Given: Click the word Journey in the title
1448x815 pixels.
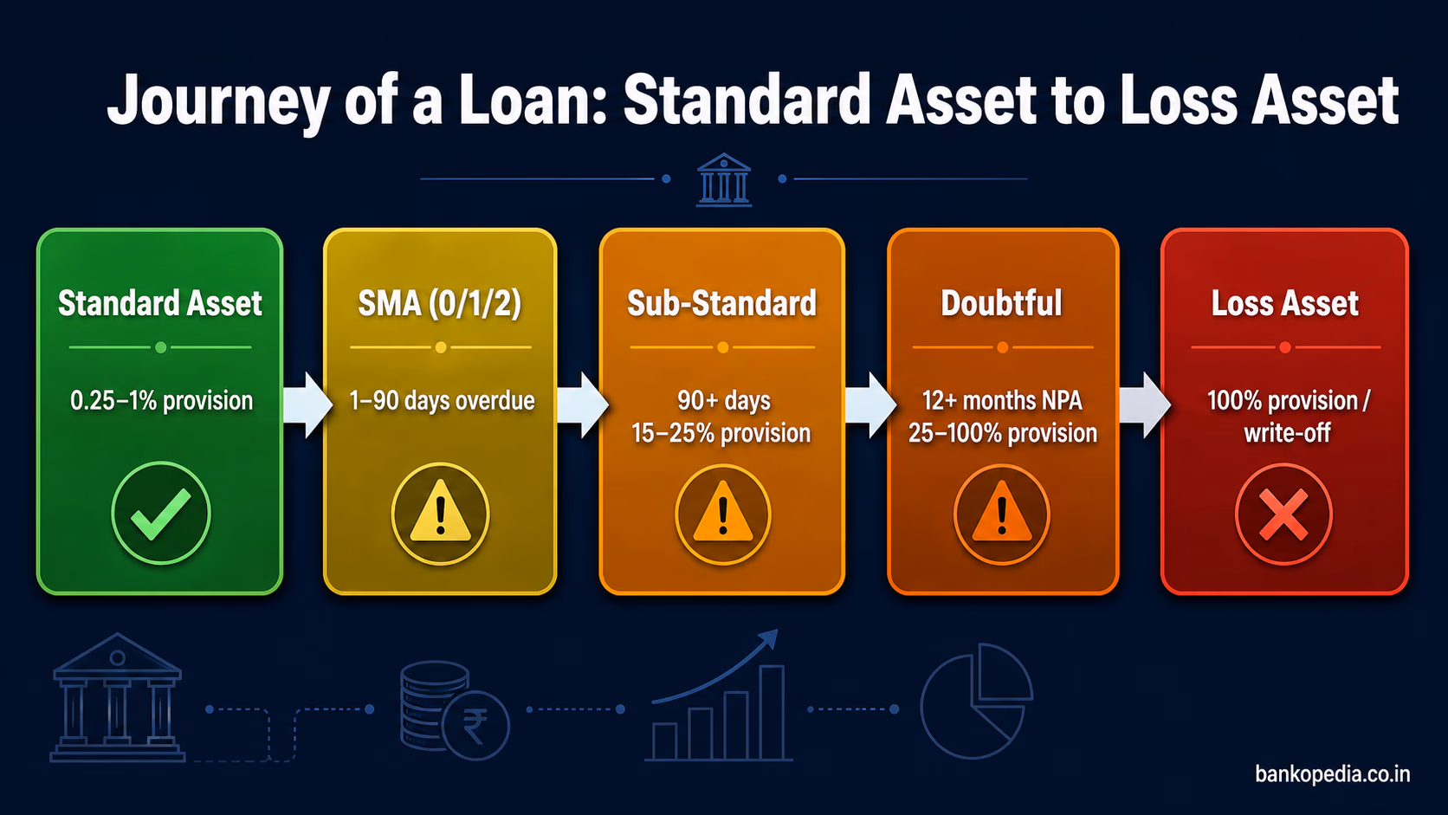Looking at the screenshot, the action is tap(218, 101).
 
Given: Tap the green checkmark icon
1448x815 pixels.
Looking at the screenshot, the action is tap(161, 514).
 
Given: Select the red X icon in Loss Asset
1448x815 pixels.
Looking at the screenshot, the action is tap(1283, 514).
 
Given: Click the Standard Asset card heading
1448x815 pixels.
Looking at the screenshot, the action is tap(159, 303).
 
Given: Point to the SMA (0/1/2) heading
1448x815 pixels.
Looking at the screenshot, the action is tap(440, 304).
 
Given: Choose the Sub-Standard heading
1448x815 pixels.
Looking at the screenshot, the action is tap(722, 303).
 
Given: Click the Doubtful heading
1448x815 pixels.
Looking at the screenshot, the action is tap(1001, 303).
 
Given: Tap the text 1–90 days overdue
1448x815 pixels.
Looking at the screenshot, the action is tap(442, 401).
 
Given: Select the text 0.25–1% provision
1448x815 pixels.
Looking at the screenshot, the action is tap(161, 401).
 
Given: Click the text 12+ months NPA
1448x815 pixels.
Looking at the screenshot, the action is tap(1002, 401).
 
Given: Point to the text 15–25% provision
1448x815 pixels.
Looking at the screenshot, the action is tap(721, 433).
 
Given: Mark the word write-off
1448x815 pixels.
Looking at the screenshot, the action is tap(1287, 433).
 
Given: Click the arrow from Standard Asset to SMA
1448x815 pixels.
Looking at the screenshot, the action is tap(307, 405).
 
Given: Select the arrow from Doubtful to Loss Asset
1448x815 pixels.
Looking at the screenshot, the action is tap(1145, 405).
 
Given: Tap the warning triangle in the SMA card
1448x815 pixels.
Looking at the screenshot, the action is tap(440, 511).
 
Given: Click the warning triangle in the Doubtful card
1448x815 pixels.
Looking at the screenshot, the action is tap(1001, 511).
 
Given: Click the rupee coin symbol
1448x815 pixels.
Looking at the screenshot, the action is tap(475, 725).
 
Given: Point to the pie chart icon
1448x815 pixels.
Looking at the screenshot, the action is tap(976, 701).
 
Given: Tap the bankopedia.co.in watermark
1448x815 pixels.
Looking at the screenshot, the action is tap(1332, 774).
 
